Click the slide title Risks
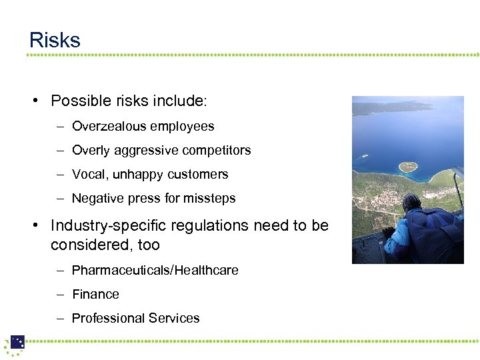(55, 40)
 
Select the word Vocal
(88, 174)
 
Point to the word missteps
(211, 198)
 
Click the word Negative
(97, 198)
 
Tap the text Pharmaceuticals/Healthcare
(155, 270)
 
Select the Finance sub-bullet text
(95, 294)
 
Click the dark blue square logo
(17, 342)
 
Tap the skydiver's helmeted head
(412, 203)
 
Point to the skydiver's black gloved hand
(388, 233)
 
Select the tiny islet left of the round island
(365, 157)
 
